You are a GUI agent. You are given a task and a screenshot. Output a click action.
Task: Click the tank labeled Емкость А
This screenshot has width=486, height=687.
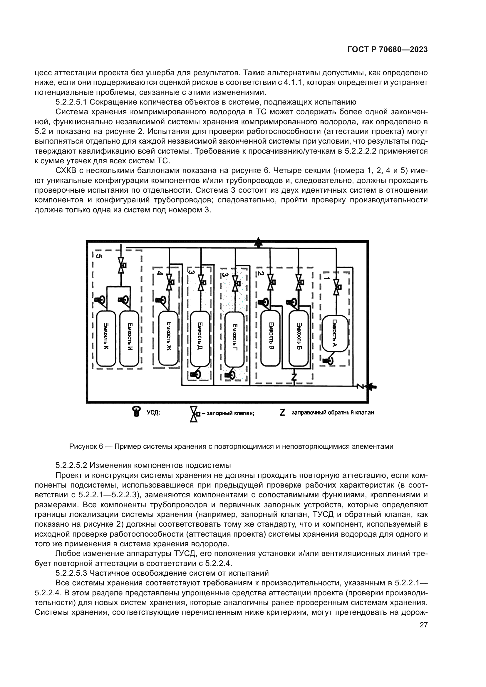(x=335, y=333)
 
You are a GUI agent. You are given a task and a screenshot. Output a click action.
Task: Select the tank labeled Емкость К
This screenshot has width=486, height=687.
(x=106, y=338)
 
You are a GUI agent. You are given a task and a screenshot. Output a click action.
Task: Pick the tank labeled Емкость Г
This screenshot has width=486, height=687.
(x=234, y=340)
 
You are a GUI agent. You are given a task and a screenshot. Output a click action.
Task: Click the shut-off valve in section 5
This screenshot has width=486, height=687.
(x=121, y=265)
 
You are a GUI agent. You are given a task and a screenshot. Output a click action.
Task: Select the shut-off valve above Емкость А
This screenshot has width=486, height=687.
(x=338, y=287)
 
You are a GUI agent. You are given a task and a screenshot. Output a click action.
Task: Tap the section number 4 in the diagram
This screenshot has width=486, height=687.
(x=160, y=273)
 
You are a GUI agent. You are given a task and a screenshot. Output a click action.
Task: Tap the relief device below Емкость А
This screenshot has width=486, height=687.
(x=328, y=361)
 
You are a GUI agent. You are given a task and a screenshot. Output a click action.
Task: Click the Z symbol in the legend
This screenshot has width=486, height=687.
(x=282, y=413)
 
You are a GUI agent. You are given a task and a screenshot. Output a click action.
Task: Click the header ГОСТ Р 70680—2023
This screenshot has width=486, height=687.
(x=388, y=50)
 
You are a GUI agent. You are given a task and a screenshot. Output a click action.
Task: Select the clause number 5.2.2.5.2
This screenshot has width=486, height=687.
(x=71, y=465)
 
